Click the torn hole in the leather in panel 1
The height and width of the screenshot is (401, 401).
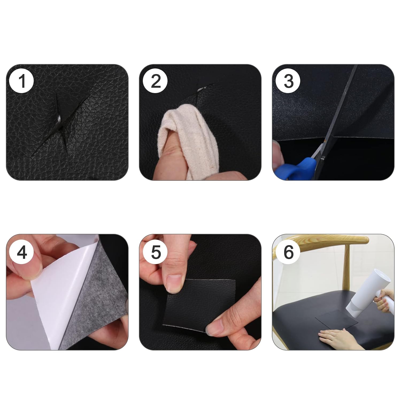[x=60, y=120]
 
